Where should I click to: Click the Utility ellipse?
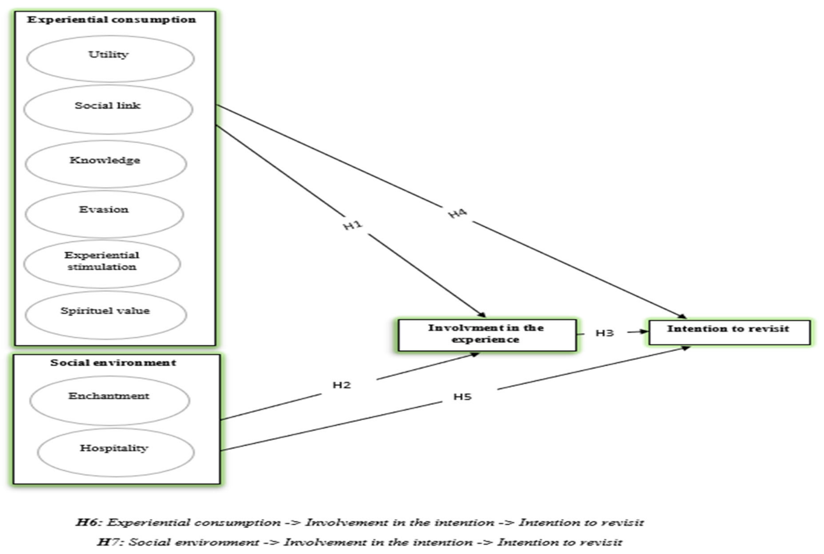click(110, 59)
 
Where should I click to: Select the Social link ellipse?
click(108, 109)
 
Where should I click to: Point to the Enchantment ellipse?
click(110, 400)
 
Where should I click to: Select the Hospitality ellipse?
click(116, 452)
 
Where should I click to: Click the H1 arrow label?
click(353, 225)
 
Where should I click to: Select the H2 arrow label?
click(341, 385)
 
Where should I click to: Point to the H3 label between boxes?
click(604, 333)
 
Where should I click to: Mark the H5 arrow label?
click(462, 397)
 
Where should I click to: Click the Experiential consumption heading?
click(111, 19)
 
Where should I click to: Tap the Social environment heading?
click(113, 362)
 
